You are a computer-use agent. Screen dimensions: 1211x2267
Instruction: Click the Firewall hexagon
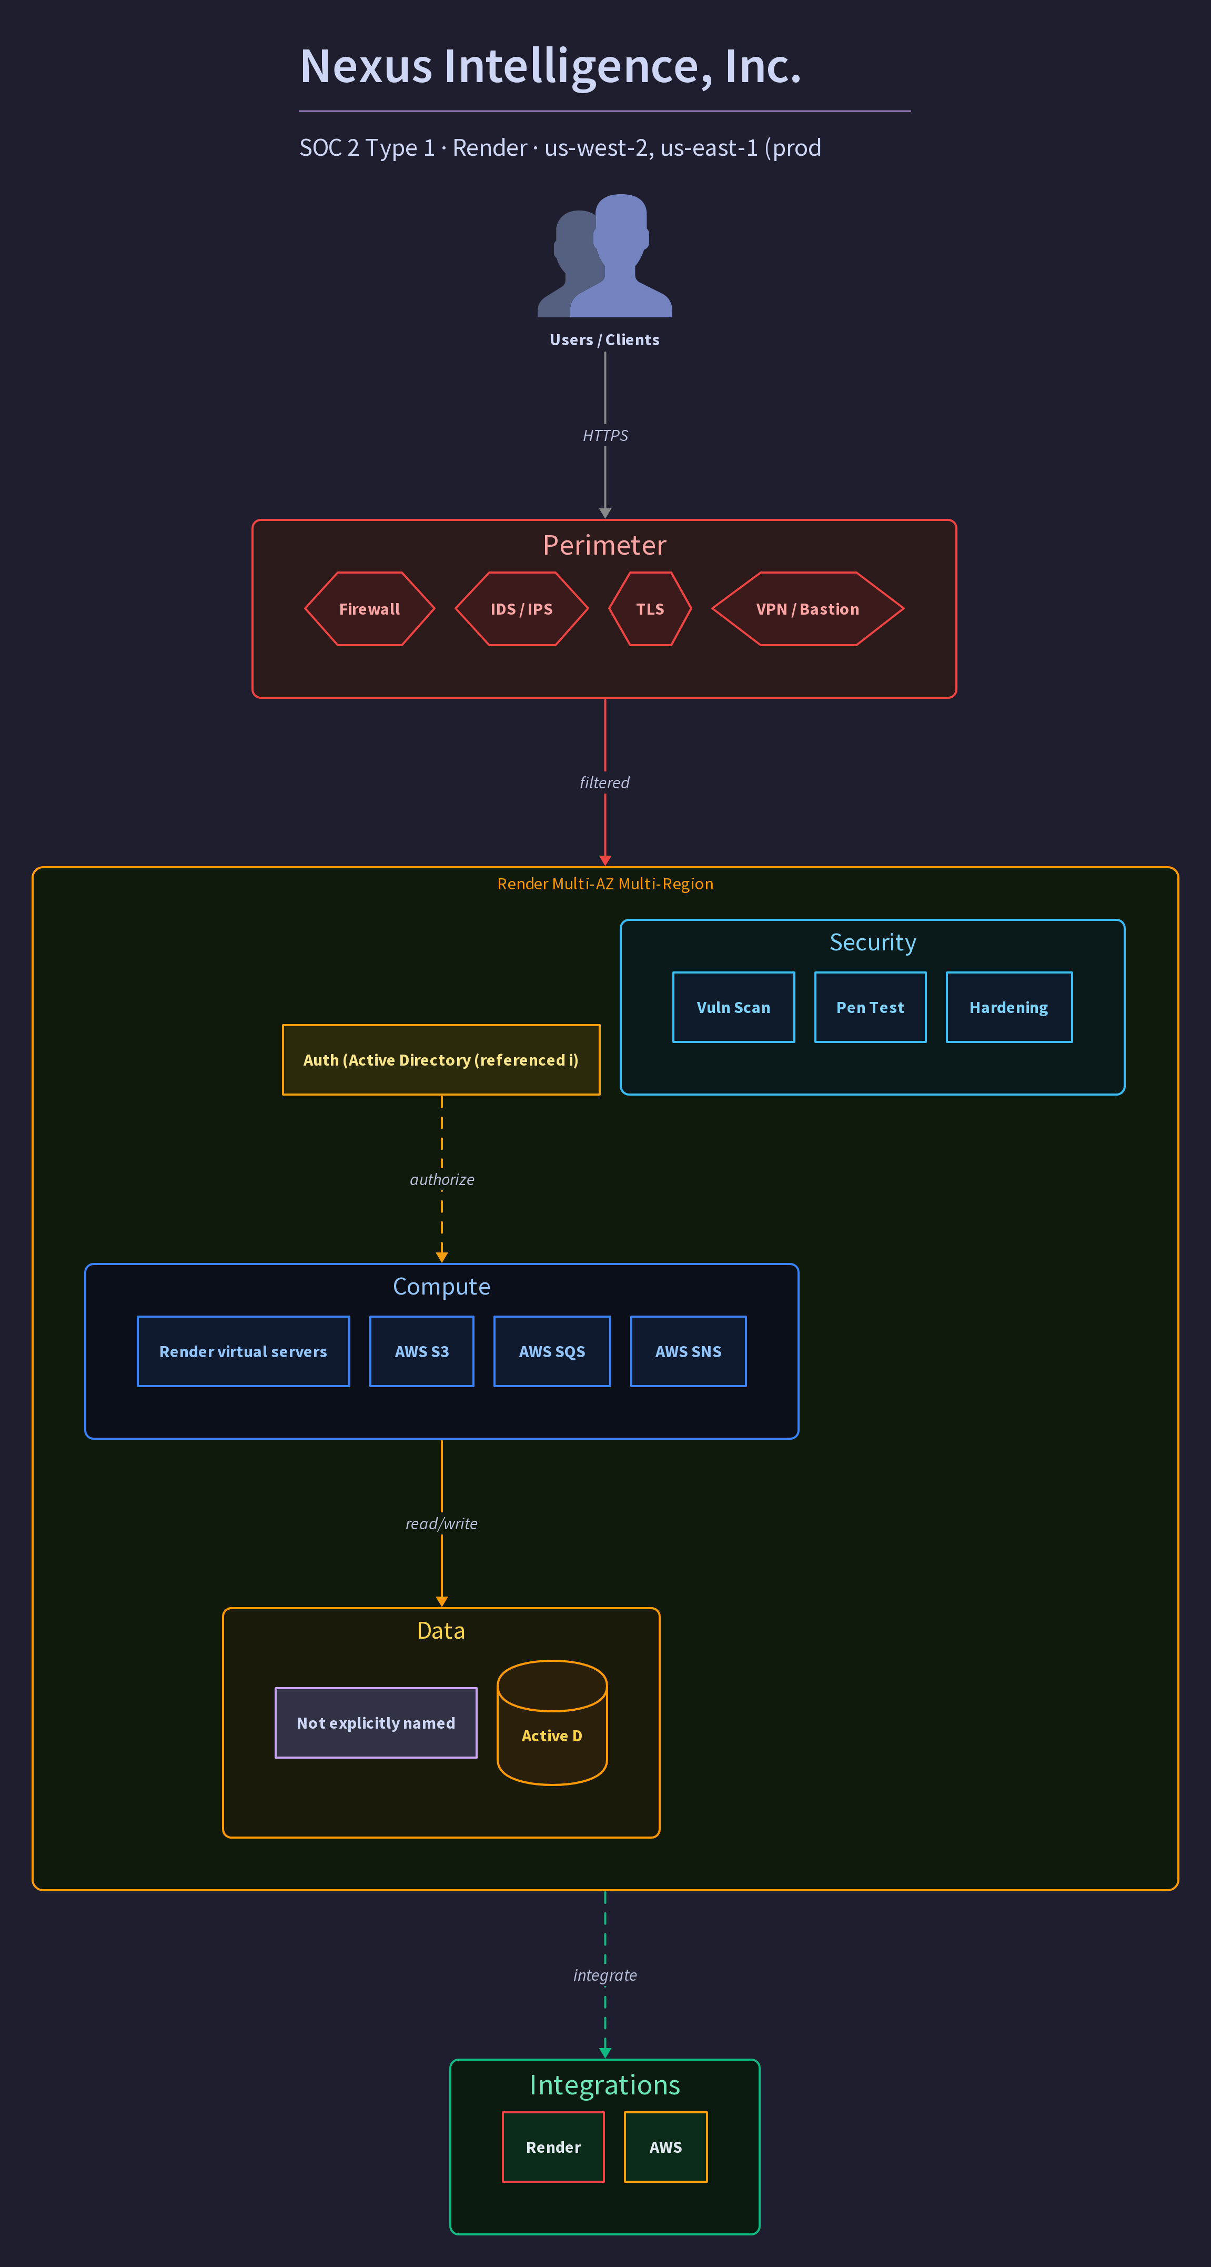tap(370, 609)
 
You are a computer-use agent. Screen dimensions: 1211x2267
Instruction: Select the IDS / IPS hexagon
tap(522, 609)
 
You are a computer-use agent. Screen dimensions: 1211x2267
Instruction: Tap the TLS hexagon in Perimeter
tap(650, 609)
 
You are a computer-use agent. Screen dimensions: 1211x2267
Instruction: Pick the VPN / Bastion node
tap(808, 609)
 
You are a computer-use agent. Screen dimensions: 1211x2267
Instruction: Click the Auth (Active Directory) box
tap(441, 1060)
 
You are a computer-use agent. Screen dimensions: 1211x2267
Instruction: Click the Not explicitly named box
tap(376, 1723)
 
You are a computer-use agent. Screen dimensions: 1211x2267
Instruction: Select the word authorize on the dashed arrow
tap(442, 1179)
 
